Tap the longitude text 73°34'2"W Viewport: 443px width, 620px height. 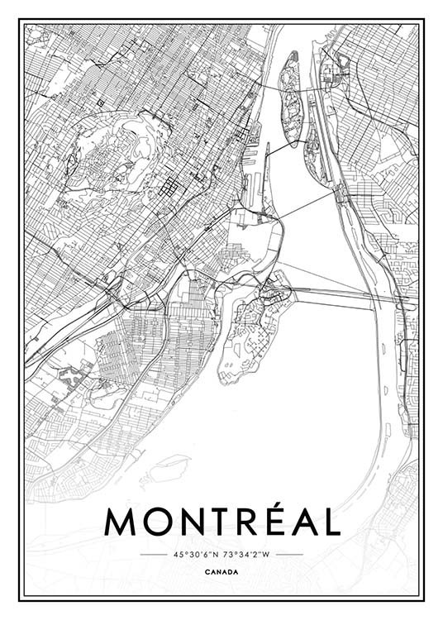click(249, 554)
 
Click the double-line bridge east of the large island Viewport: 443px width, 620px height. click(331, 295)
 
